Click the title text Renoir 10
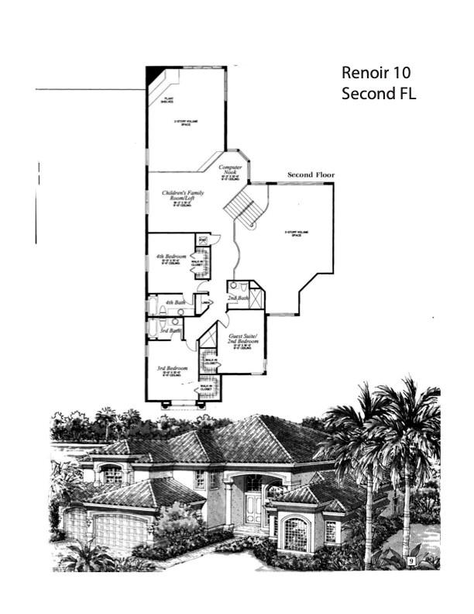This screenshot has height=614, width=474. tap(376, 73)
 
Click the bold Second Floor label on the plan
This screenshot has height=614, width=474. tap(311, 175)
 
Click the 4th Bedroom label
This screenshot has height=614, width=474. tap(170, 257)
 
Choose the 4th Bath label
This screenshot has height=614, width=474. tap(175, 302)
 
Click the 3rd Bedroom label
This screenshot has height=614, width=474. tap(170, 367)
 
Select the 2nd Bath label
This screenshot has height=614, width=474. tap(237, 298)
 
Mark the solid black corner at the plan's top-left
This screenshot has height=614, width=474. tap(154, 74)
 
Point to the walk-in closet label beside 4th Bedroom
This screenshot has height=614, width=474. tap(197, 264)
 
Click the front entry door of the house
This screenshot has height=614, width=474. tap(253, 509)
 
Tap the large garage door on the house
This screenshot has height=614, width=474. tap(120, 531)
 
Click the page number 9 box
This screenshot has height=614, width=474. tap(410, 559)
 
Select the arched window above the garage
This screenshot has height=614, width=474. tap(112, 474)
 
